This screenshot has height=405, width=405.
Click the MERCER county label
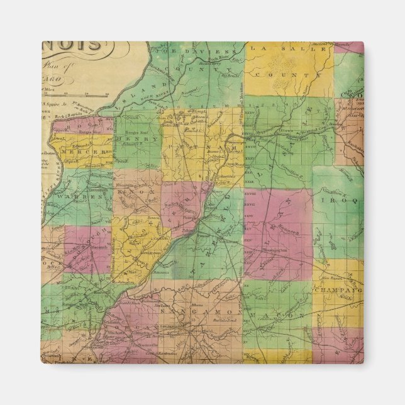pyautogui.click(x=82, y=153)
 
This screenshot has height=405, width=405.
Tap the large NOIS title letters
pyautogui.click(x=72, y=47)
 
